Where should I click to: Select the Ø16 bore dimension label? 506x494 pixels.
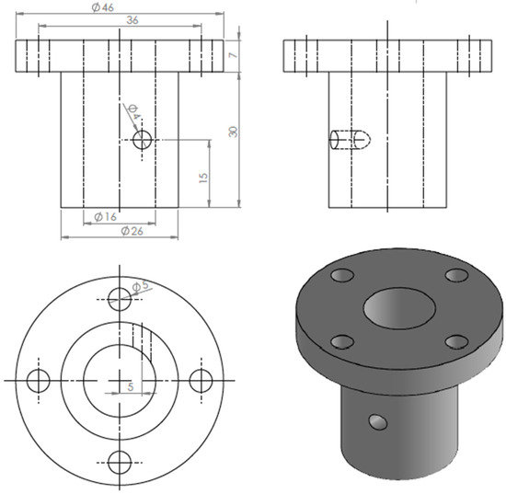[x=106, y=217]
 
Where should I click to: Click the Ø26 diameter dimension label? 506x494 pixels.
[x=131, y=231]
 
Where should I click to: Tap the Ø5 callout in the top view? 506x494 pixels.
[x=141, y=287]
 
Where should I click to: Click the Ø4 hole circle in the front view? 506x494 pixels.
[x=143, y=140]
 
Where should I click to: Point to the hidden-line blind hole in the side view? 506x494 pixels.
[x=351, y=140]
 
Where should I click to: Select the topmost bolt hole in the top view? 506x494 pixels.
[x=120, y=298]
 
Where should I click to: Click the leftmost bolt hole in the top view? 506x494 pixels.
[x=38, y=380]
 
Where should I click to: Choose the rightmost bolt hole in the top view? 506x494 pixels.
[x=202, y=380]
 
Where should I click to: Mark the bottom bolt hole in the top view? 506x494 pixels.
[x=120, y=462]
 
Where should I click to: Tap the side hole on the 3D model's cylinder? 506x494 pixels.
[x=376, y=422]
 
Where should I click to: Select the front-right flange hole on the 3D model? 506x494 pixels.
[x=454, y=342]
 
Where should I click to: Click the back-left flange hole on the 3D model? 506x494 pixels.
[x=343, y=275]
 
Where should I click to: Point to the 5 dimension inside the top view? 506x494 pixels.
[x=130, y=388]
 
